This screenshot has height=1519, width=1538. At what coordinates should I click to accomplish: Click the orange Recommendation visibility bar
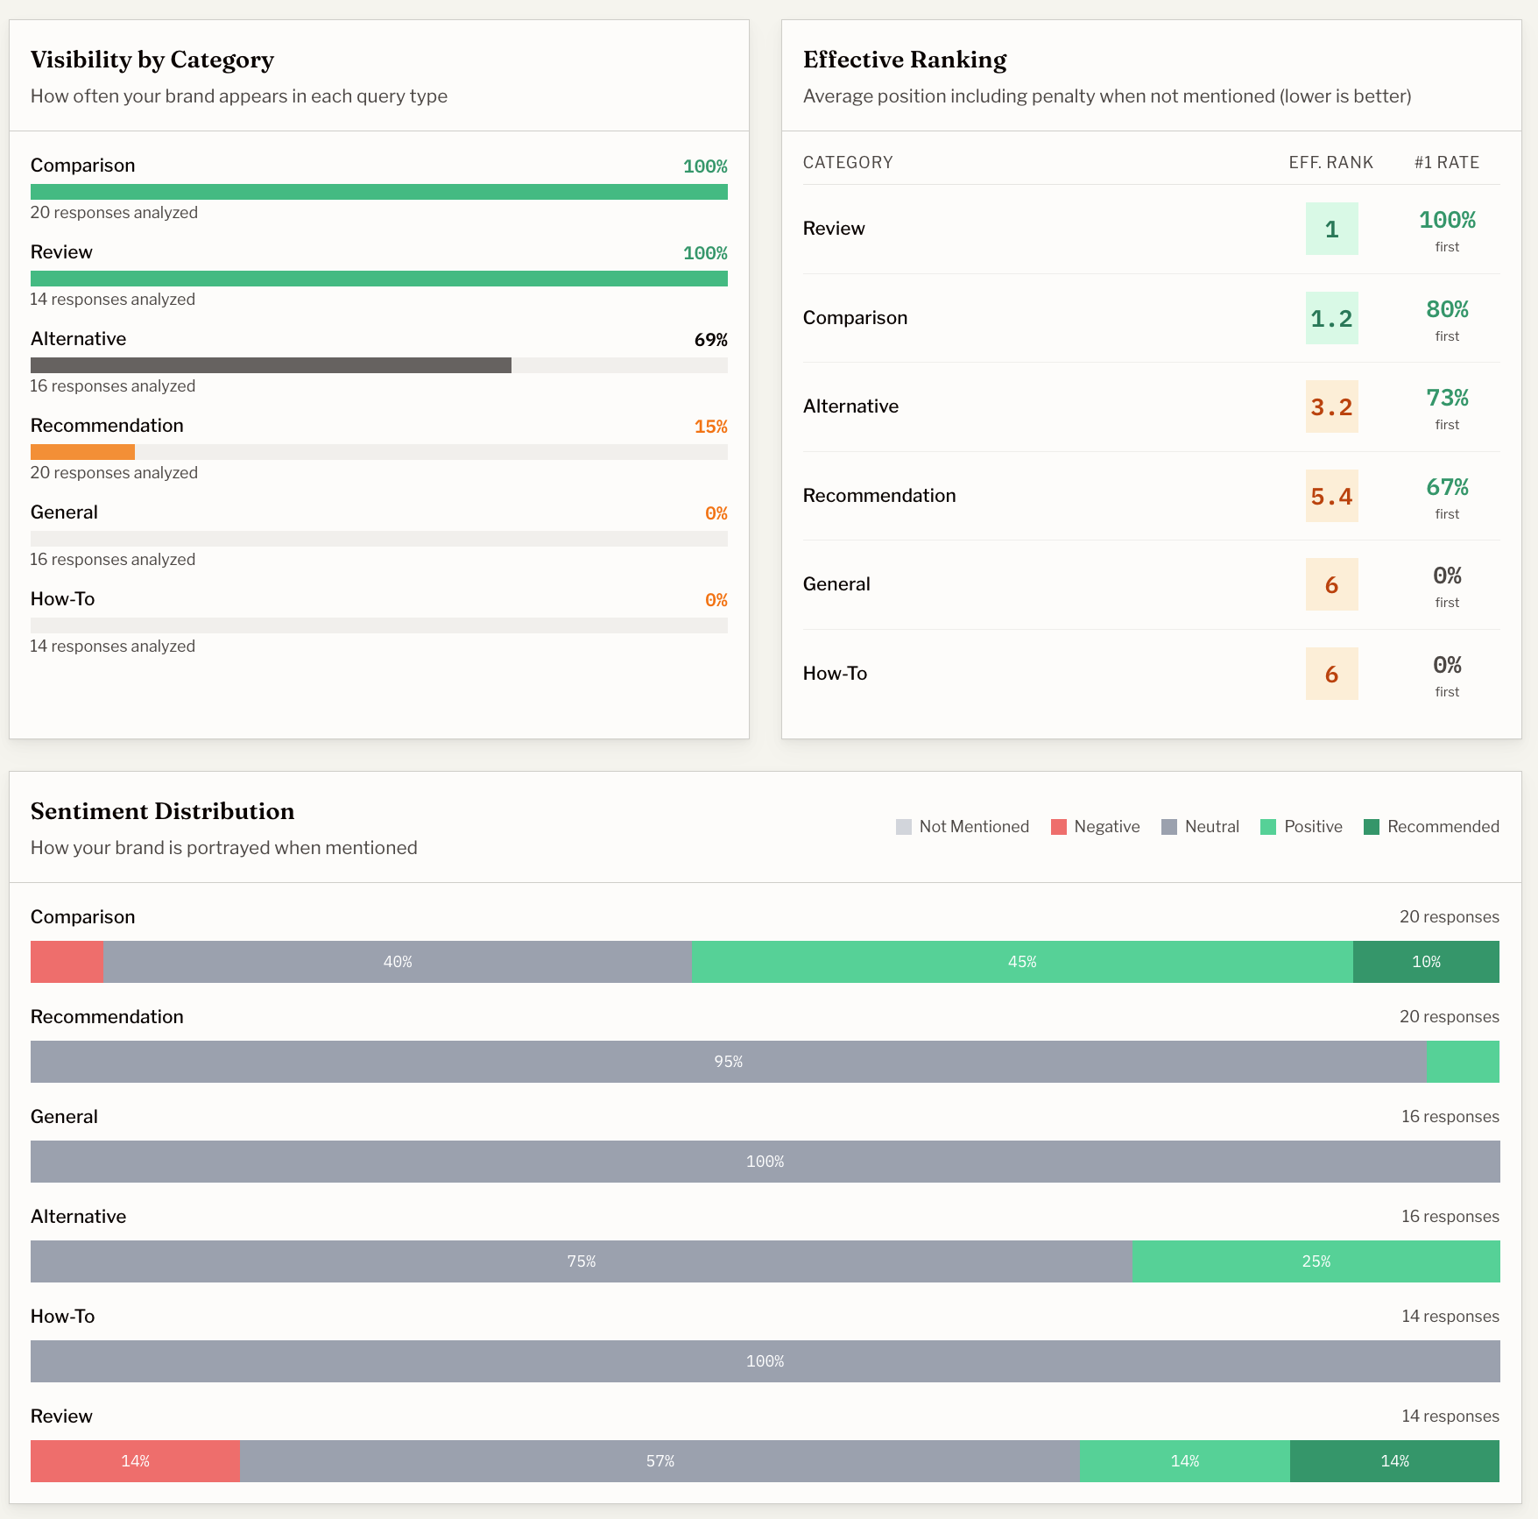[x=82, y=452]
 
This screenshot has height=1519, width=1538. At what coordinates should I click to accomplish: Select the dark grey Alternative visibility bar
[x=271, y=365]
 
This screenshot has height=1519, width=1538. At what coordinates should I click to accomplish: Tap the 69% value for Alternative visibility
[x=710, y=340]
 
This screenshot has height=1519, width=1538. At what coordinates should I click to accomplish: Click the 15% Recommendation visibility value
[x=710, y=427]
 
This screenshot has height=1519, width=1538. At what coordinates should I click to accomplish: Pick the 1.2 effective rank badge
[x=1331, y=318]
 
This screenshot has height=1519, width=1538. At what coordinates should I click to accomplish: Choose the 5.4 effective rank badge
[x=1331, y=496]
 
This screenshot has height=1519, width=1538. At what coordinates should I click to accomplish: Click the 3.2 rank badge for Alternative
[x=1331, y=406]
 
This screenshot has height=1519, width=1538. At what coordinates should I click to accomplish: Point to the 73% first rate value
[x=1447, y=399]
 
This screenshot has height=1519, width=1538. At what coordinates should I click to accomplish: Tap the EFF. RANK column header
[x=1330, y=163]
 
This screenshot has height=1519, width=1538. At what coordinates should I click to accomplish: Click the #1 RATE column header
[x=1446, y=163]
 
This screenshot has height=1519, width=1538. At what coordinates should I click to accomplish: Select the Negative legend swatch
[x=1058, y=827]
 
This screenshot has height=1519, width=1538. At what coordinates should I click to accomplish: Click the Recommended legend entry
[x=1431, y=827]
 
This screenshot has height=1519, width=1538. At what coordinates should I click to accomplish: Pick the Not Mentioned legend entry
[x=962, y=827]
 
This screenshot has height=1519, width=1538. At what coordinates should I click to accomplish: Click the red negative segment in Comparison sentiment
[x=67, y=962]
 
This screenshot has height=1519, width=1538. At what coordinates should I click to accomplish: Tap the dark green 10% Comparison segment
[x=1426, y=962]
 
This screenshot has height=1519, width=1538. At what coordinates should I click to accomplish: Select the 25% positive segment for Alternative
[x=1316, y=1261]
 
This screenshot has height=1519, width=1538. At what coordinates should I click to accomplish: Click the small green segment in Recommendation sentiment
[x=1463, y=1062]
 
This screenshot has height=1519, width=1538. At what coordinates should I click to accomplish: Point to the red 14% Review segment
[x=135, y=1461]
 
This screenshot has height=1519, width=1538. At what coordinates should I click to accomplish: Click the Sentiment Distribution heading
[x=162, y=811]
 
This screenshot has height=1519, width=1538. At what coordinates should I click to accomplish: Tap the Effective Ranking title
[x=905, y=60]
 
